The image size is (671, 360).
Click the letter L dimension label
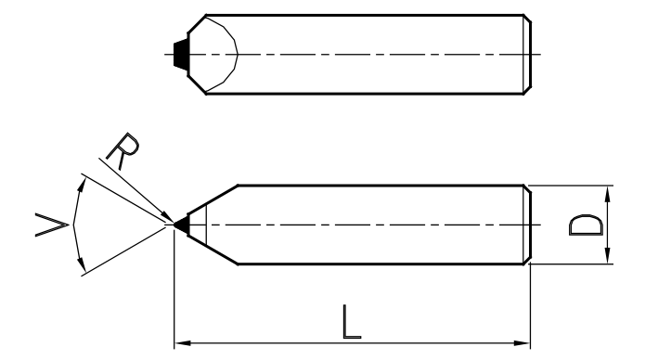click(352, 322)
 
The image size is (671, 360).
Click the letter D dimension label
click(586, 225)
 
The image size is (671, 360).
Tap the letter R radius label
click(123, 150)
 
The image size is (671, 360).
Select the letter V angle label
click(51, 225)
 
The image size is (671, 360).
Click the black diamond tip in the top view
click(181, 55)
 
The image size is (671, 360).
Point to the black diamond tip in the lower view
click(182, 225)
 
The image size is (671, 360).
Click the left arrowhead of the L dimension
click(183, 343)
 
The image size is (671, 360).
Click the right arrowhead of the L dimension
click(522, 343)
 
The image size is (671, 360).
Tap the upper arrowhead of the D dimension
click(607, 194)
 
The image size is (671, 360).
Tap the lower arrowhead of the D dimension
click(607, 255)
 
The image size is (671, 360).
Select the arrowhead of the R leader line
click(167, 216)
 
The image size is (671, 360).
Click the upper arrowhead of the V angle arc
click(82, 186)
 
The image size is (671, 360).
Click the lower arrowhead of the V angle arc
click(82, 264)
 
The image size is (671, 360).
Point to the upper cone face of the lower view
click(213, 199)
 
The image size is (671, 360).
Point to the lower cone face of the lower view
click(213, 250)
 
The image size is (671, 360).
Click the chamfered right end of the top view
click(527, 55)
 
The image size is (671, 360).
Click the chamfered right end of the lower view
click(527, 225)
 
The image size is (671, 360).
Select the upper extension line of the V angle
click(123, 199)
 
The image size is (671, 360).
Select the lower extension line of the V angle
click(123, 251)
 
